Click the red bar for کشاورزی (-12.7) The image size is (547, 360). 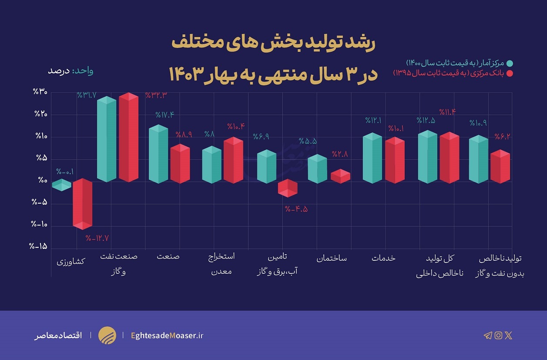pyautogui.click(x=82, y=204)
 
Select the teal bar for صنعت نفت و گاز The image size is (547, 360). pyautogui.click(x=107, y=139)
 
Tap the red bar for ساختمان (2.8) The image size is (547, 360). pyautogui.click(x=340, y=176)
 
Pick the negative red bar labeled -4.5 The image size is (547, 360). pyautogui.click(x=288, y=188)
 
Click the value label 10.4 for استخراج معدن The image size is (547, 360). pyautogui.click(x=236, y=127)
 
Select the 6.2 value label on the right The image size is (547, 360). pyautogui.click(x=502, y=137)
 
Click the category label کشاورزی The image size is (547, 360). pyautogui.click(x=71, y=262)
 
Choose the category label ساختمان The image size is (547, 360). pyautogui.click(x=332, y=258)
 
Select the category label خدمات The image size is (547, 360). pyautogui.click(x=384, y=258)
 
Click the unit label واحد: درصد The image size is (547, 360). pyautogui.click(x=70, y=71)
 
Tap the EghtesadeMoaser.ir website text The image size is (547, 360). pyautogui.click(x=167, y=336)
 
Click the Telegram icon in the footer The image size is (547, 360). pyautogui.click(x=488, y=336)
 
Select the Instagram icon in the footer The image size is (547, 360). pyautogui.click(x=498, y=335)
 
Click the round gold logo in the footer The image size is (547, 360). pyautogui.click(x=107, y=335)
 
